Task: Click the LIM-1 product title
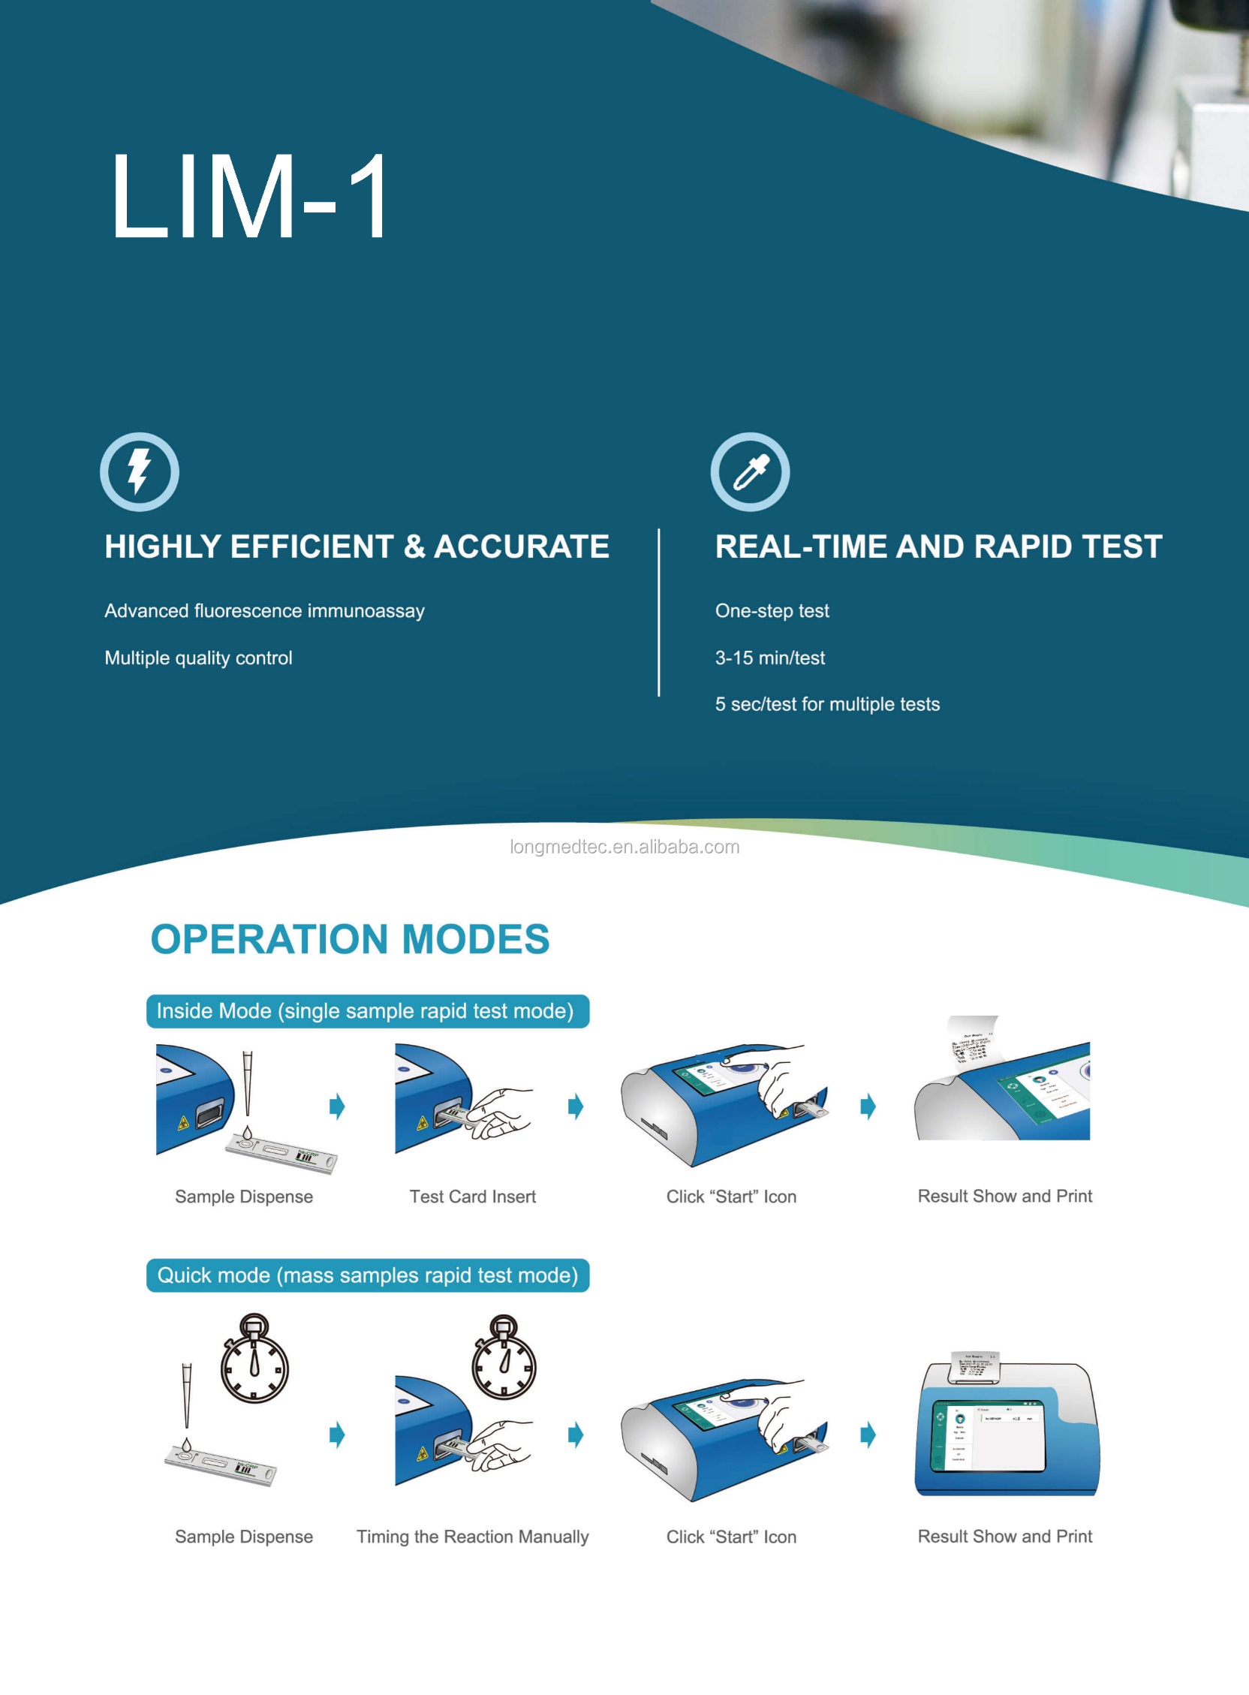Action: pos(249,195)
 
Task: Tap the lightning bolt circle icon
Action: pos(139,471)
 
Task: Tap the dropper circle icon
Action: pos(750,471)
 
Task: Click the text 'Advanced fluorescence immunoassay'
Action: pos(264,610)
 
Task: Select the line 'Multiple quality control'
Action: pos(198,657)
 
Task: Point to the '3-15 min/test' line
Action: pos(769,657)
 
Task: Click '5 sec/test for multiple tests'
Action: pos(827,704)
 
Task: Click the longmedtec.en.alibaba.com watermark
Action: pos(624,847)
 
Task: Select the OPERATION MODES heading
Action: pos(350,939)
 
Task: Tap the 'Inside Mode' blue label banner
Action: pos(368,1011)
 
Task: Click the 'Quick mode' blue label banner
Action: pos(368,1275)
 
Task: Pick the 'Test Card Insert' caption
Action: pos(473,1196)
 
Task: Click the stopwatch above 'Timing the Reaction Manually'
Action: pos(504,1359)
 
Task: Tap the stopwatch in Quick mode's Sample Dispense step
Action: pos(254,1360)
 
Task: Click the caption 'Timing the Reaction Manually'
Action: pos(473,1537)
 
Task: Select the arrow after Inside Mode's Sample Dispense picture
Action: pos(337,1106)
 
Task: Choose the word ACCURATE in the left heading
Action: pos(522,546)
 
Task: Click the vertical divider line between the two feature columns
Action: pos(658,613)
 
